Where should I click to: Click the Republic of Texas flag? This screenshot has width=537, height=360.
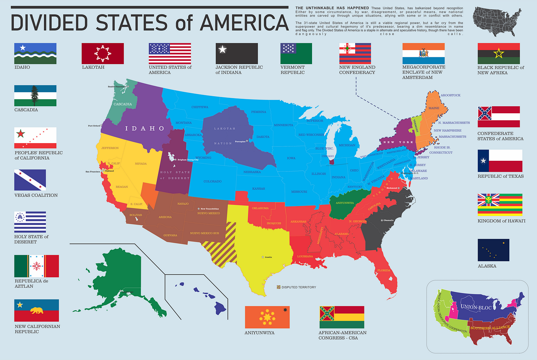pyautogui.click(x=500, y=161)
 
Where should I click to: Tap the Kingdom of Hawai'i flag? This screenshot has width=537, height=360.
pyautogui.click(x=500, y=204)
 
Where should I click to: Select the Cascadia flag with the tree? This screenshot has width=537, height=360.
pyautogui.click(x=35, y=96)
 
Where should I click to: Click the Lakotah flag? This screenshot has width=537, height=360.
pyautogui.click(x=103, y=53)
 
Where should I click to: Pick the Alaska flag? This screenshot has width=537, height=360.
pyautogui.click(x=493, y=250)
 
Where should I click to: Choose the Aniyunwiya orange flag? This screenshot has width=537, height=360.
pyautogui.click(x=267, y=317)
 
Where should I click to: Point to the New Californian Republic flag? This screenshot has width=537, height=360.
pyautogui.click(x=37, y=310)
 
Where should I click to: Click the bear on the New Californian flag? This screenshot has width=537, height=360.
pyautogui.click(x=37, y=311)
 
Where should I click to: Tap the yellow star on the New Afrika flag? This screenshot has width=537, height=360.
pyautogui.click(x=499, y=54)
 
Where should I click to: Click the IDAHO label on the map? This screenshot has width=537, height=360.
pyautogui.click(x=144, y=128)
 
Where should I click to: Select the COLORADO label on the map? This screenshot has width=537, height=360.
pyautogui.click(x=212, y=181)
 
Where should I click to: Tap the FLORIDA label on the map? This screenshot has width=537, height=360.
pyautogui.click(x=384, y=270)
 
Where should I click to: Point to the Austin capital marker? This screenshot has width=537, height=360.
pyautogui.click(x=263, y=257)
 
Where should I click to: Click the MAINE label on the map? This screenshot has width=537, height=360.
pyautogui.click(x=434, y=108)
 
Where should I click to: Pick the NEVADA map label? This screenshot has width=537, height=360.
pyautogui.click(x=141, y=163)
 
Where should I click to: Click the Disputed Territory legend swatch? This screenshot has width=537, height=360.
pyautogui.click(x=278, y=287)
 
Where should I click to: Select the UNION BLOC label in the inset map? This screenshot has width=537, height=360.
pyautogui.click(x=476, y=307)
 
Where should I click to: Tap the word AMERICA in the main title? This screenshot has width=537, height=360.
pyautogui.click(x=244, y=22)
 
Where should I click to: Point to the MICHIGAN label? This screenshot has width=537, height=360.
pyautogui.click(x=347, y=145)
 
